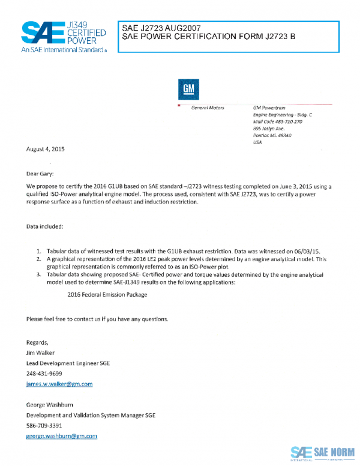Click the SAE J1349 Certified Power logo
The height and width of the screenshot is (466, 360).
63,36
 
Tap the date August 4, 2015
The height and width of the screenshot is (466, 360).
45,149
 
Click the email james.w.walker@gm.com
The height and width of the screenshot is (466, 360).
59,384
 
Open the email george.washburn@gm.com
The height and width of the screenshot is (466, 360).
62,436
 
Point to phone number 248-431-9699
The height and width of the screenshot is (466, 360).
44,374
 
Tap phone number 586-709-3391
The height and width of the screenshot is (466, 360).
44,425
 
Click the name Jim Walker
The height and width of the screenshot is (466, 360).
41,353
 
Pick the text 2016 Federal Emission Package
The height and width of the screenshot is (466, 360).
107,295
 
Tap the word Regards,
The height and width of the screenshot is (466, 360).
37,342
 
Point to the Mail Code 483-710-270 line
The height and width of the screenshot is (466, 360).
277,121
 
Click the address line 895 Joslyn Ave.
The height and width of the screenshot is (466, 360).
268,129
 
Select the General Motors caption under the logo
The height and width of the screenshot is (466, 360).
207,107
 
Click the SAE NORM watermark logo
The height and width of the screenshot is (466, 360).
322,452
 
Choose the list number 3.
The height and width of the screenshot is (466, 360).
38,274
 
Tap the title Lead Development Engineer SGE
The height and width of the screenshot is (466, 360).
68,363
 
